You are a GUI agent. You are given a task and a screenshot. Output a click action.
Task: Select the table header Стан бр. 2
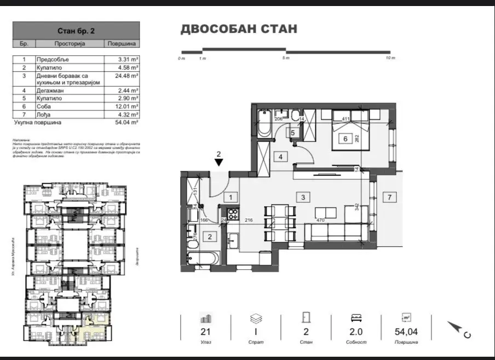(x=76, y=31)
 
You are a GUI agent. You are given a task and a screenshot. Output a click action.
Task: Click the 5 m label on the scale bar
(x=285, y=57)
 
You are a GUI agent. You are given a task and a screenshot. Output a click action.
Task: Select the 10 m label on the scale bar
(x=389, y=57)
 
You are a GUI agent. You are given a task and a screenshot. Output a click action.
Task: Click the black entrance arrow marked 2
(x=218, y=162)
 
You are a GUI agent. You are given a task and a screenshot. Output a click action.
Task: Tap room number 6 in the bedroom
(x=346, y=139)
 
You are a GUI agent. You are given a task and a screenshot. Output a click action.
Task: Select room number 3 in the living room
(x=301, y=196)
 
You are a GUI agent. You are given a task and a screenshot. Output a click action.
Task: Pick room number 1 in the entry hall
(x=231, y=197)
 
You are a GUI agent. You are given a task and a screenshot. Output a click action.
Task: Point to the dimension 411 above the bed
(x=346, y=119)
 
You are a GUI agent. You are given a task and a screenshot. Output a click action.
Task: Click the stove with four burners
(x=232, y=213)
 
